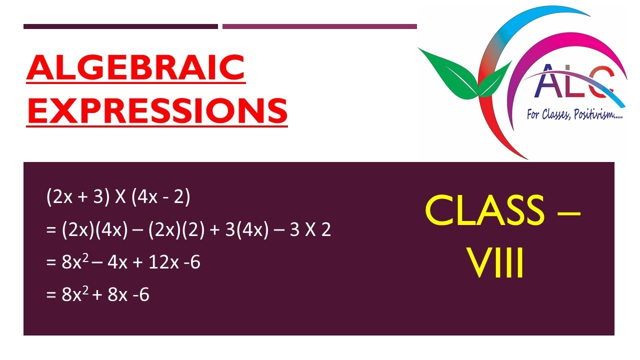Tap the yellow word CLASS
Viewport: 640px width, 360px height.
484,210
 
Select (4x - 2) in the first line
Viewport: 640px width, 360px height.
160,198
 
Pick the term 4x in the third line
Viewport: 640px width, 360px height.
117,262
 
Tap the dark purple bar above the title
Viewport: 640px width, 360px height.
120,26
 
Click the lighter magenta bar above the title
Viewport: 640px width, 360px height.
319,26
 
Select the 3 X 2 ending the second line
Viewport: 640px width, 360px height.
311,230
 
